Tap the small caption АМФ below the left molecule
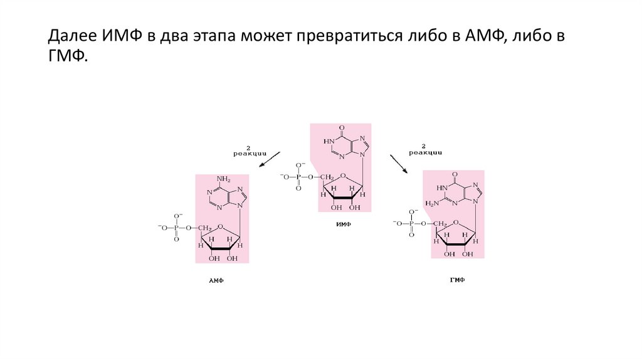click(216, 282)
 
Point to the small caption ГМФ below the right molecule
click(457, 280)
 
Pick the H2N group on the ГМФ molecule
click(432, 203)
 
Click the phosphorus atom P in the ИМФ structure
click(298, 177)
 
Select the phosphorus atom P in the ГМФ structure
click(411, 223)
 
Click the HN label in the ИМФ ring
click(329, 142)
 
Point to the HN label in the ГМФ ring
click(443, 188)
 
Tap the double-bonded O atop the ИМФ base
click(342, 127)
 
